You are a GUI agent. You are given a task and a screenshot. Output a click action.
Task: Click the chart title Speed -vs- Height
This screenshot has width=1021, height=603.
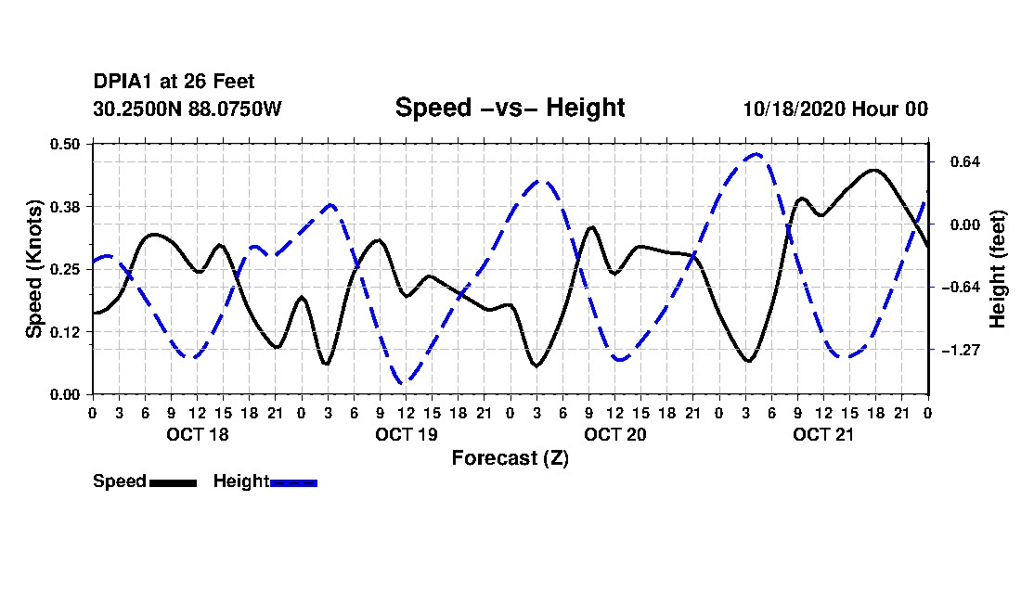pyautogui.click(x=510, y=108)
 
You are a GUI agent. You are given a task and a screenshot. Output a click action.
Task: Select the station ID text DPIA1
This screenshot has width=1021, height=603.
pyautogui.click(x=123, y=83)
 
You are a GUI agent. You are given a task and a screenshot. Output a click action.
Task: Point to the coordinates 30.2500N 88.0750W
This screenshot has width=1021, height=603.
pyautogui.click(x=187, y=109)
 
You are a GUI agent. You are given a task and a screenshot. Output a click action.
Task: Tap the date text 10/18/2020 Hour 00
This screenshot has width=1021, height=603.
pyautogui.click(x=834, y=109)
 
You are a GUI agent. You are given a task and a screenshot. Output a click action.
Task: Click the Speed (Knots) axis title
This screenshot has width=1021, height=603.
pyautogui.click(x=34, y=269)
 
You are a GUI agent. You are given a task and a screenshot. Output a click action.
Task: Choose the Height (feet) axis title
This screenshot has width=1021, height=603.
pyautogui.click(x=999, y=269)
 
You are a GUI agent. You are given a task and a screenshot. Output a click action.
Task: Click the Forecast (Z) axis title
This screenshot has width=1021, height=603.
pyautogui.click(x=510, y=457)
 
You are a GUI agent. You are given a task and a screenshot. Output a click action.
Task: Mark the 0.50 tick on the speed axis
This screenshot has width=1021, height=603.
pyautogui.click(x=67, y=143)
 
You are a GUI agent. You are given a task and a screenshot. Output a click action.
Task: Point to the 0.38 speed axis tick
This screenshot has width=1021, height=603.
pyautogui.click(x=67, y=206)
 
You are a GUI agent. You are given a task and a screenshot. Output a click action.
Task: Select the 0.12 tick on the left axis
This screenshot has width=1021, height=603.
pyautogui.click(x=67, y=331)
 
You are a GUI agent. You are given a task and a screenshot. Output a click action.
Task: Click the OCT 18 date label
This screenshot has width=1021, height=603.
pyautogui.click(x=197, y=434)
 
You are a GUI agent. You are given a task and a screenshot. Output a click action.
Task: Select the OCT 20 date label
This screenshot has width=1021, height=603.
pyautogui.click(x=615, y=434)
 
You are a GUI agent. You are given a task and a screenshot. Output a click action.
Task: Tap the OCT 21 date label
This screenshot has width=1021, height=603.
pyautogui.click(x=823, y=434)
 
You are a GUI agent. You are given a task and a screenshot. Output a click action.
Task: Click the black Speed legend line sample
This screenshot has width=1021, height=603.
pyautogui.click(x=173, y=482)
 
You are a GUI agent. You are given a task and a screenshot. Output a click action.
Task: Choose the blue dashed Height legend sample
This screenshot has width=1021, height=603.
pyautogui.click(x=293, y=482)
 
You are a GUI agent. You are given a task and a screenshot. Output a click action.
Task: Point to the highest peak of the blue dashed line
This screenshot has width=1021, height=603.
pyautogui.click(x=757, y=154)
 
